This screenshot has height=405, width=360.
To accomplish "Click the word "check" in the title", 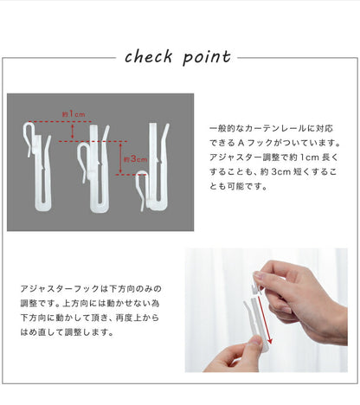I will click(x=151, y=57).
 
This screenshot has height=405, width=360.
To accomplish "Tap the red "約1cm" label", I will click(x=73, y=114).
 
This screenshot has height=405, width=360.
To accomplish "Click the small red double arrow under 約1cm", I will click(x=73, y=131).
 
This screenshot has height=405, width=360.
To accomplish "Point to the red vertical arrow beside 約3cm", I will click(x=120, y=158).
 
